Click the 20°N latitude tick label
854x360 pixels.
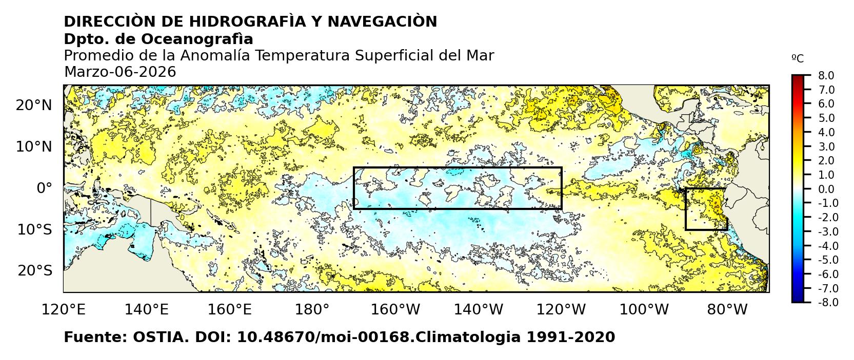(x=34, y=105)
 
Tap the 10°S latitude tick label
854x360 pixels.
(x=34, y=229)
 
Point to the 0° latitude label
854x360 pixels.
(x=44, y=188)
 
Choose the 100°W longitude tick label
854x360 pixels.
(x=644, y=309)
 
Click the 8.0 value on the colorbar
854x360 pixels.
(x=826, y=76)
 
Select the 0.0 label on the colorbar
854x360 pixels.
(x=826, y=189)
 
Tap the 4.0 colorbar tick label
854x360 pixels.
(x=826, y=132)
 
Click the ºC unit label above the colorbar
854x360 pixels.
(x=798, y=58)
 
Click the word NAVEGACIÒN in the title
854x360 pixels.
(x=382, y=22)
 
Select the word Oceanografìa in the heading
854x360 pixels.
(x=196, y=39)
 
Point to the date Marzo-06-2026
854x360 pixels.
(x=120, y=72)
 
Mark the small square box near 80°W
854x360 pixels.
(x=706, y=209)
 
